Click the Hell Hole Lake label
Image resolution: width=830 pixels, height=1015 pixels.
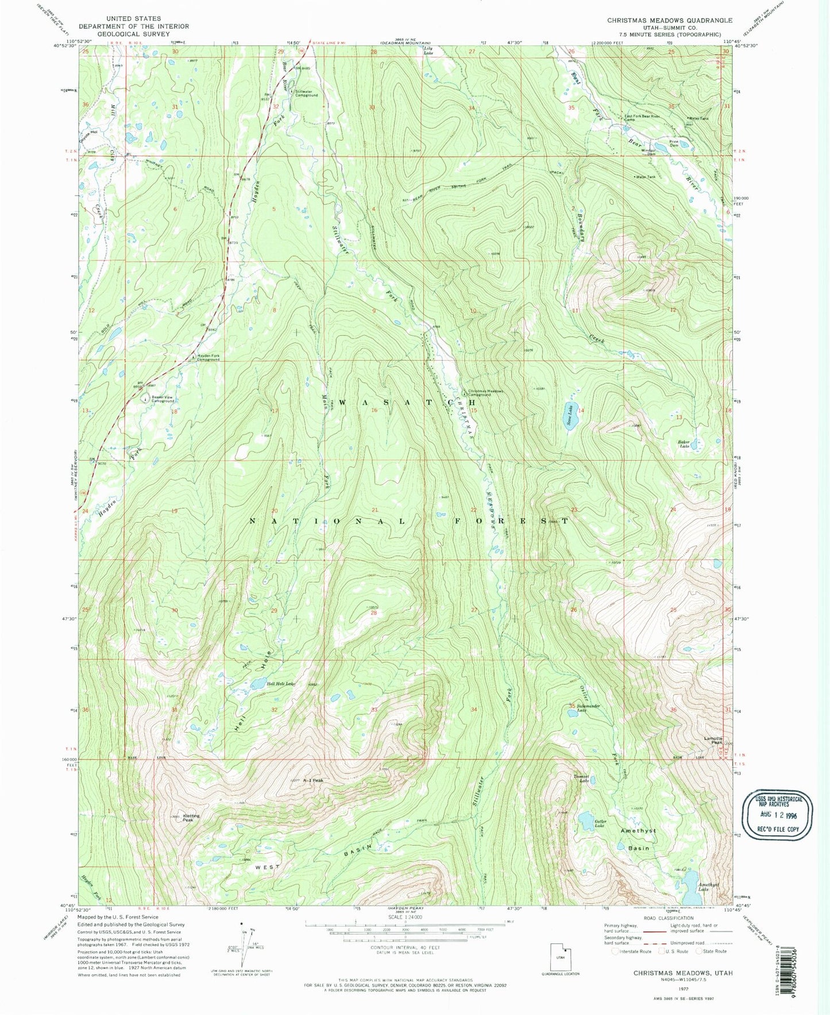tap(280, 683)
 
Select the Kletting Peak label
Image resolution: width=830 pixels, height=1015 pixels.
tap(191, 818)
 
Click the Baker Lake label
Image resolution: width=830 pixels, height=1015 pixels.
tap(684, 444)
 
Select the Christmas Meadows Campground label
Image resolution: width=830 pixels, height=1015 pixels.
tap(485, 392)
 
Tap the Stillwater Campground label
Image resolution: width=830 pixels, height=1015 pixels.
tap(306, 93)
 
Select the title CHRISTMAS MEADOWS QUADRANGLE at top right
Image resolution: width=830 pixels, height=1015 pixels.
tap(670, 20)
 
